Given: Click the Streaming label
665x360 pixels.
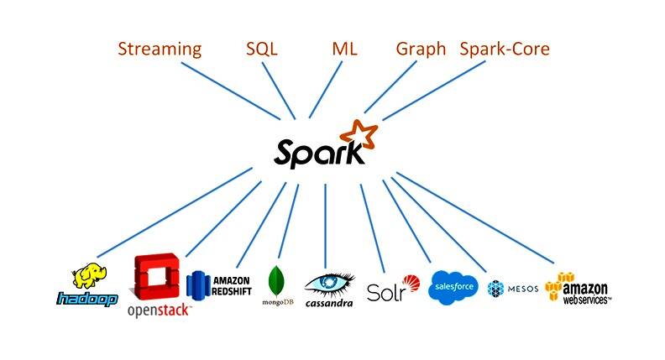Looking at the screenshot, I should point(160,49).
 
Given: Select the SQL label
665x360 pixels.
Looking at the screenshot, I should point(261,49).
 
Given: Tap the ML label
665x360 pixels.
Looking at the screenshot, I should point(344,49).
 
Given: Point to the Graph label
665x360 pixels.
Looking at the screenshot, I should point(421,49).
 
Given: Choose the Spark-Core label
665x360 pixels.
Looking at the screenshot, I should point(505,49).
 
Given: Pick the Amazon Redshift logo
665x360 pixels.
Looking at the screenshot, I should point(219,284).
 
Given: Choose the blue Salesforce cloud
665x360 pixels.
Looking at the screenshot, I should point(454,287).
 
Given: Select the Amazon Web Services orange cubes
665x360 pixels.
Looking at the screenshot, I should point(557,286).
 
